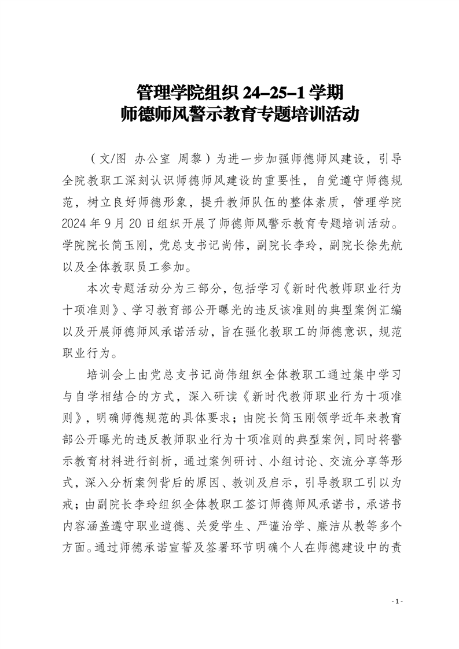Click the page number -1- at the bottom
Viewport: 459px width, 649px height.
(x=396, y=602)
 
